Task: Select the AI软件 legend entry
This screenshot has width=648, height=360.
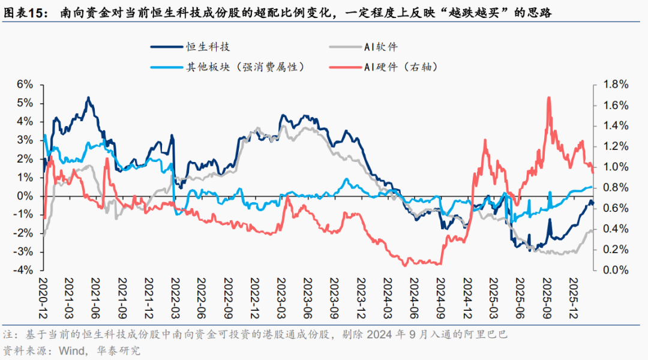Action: pos(380,46)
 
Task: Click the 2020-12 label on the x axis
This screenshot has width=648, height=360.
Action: pos(44,294)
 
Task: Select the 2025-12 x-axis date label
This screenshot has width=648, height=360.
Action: pos(573,294)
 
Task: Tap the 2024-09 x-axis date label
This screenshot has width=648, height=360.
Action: pos(440,294)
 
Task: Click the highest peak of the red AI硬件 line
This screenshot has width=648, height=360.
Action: pos(548,97)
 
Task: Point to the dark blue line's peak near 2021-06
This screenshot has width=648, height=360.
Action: pos(88,97)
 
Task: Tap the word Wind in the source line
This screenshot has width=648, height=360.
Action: pos(64,350)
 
